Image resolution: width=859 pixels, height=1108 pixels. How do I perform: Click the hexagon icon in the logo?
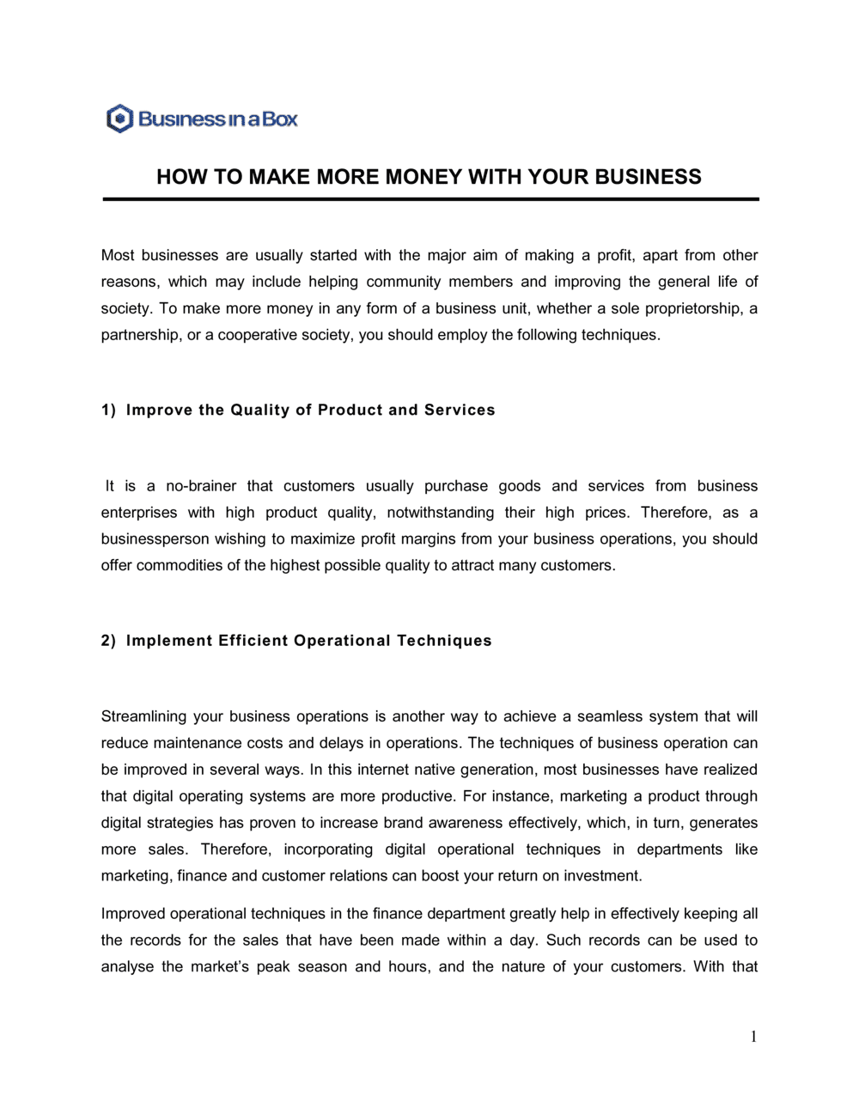click(x=119, y=119)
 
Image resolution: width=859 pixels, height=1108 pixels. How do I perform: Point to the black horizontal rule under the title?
click(x=430, y=199)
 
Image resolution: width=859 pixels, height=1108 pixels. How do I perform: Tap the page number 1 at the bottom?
click(x=753, y=1037)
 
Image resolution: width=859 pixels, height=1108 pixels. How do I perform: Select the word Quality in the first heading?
click(x=260, y=410)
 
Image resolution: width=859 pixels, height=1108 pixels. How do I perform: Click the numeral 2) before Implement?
click(x=108, y=641)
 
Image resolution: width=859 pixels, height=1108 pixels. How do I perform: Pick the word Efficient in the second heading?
click(x=253, y=641)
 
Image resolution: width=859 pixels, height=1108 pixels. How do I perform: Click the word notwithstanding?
click(x=440, y=513)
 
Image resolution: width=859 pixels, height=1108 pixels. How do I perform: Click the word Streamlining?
click(x=143, y=716)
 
